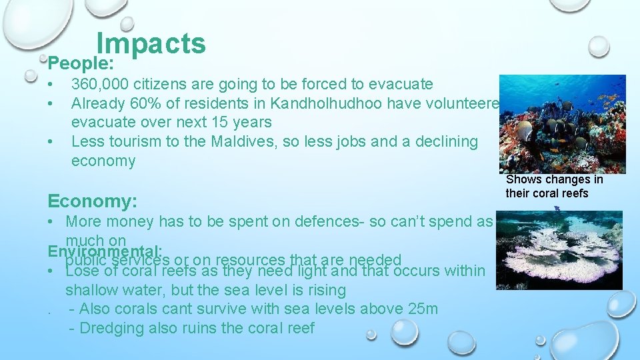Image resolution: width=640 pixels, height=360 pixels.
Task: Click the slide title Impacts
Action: point(151,44)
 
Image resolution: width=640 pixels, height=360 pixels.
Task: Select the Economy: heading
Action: point(93,201)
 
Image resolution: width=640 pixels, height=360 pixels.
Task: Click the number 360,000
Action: point(100,85)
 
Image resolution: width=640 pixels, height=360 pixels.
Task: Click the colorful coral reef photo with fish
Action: point(562,124)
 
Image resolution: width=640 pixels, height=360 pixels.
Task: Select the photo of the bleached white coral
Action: point(559,250)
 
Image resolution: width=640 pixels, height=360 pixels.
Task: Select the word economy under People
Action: point(103,161)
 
